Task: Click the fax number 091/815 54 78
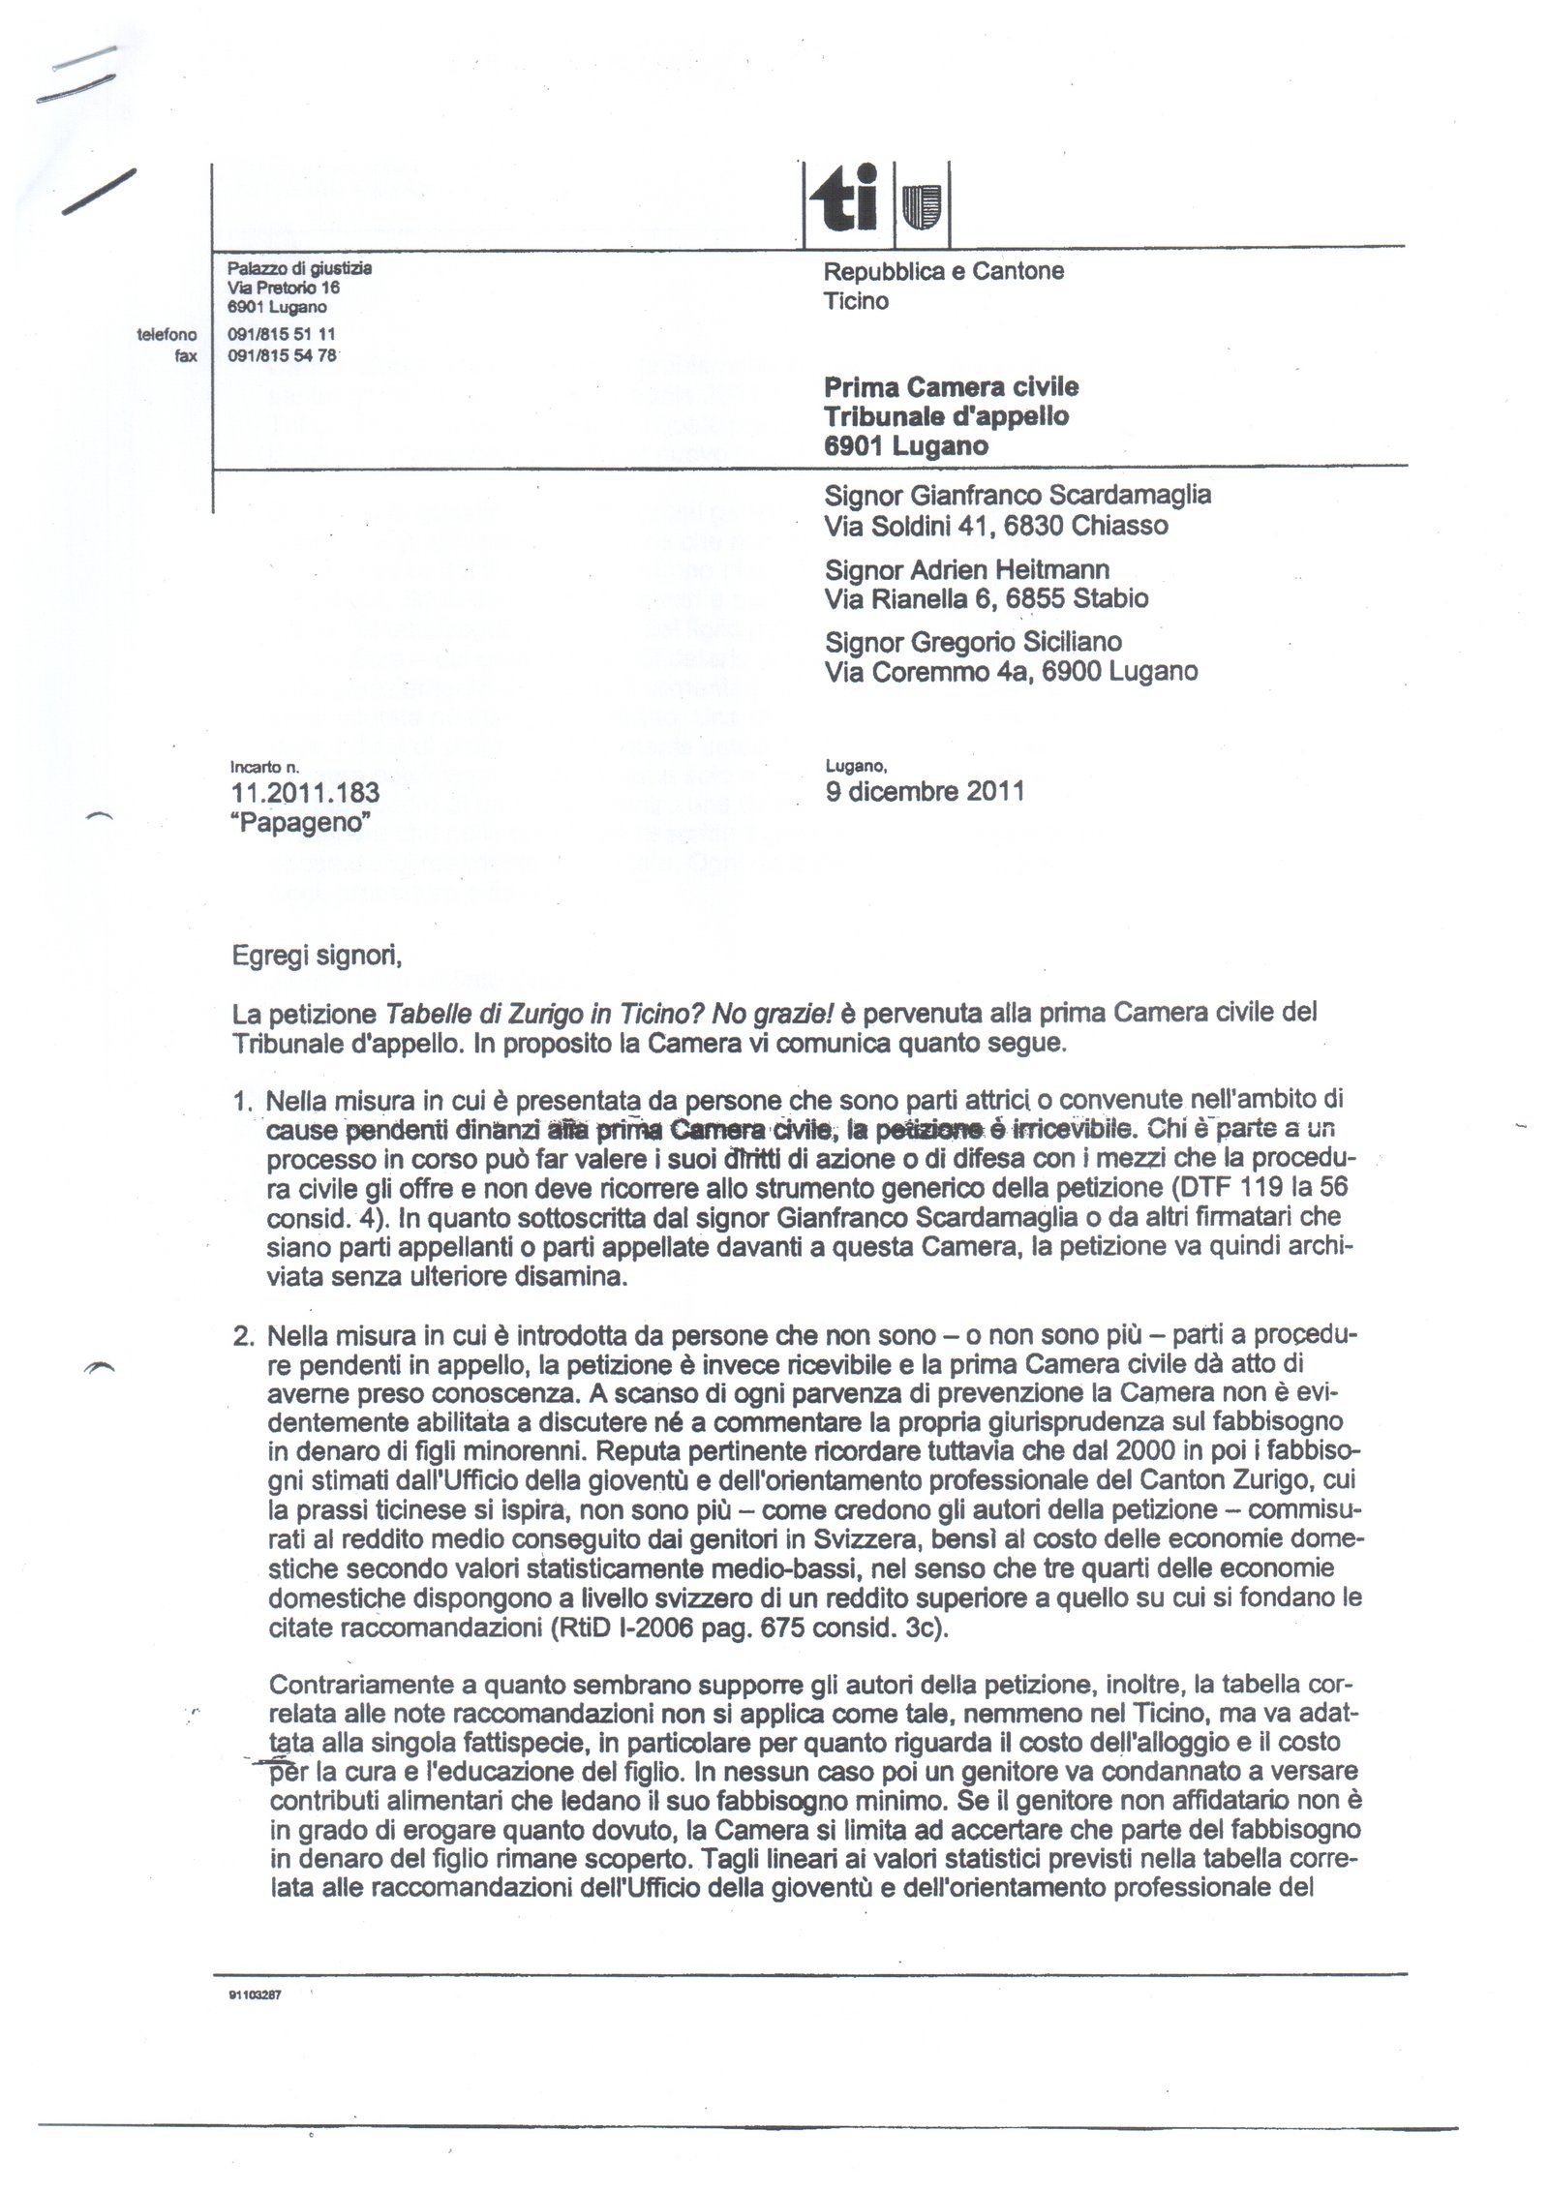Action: (281, 355)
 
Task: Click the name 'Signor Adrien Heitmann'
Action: (966, 569)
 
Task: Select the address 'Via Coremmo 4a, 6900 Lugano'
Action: (1011, 671)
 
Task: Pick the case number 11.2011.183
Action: (306, 793)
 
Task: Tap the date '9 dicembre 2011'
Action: (924, 791)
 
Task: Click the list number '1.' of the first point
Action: (243, 1101)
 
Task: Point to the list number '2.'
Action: (243, 1336)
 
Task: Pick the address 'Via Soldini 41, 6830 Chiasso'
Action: (996, 526)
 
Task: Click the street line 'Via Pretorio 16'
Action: (283, 288)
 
